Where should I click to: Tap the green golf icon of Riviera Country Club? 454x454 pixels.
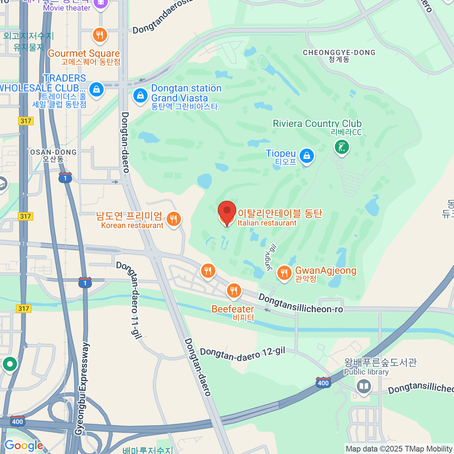click(342, 147)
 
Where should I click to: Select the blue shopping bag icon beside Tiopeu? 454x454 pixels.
click(306, 155)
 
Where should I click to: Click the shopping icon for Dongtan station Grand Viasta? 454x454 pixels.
click(140, 95)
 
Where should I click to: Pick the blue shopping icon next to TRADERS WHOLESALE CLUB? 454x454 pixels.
click(96, 90)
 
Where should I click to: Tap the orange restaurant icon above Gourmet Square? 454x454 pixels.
click(100, 35)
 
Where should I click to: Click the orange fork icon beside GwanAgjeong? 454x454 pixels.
click(284, 272)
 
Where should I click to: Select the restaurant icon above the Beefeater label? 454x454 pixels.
click(234, 291)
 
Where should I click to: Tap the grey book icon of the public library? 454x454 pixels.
click(364, 386)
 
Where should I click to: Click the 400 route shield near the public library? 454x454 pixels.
click(323, 382)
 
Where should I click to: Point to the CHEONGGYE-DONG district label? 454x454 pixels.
click(339, 53)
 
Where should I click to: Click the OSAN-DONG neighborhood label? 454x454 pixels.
click(53, 152)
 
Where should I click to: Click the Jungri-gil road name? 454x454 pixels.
click(271, 257)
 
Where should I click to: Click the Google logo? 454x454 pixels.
click(23, 446)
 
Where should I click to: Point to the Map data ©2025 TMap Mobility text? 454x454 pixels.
click(399, 449)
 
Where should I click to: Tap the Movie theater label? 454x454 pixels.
click(67, 8)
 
